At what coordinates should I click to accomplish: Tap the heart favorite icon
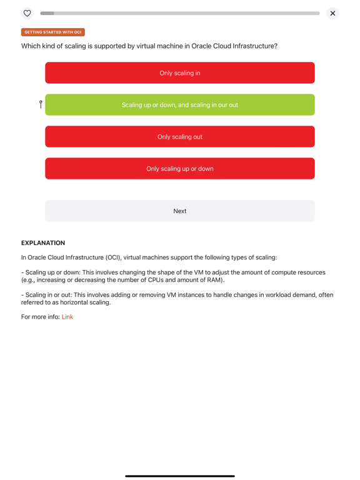click(27, 13)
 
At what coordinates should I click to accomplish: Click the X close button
click(332, 13)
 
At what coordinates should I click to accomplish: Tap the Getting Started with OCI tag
click(53, 32)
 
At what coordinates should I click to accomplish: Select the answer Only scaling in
click(180, 73)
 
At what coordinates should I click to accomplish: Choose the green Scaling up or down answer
click(180, 105)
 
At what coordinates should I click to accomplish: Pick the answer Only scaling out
click(180, 137)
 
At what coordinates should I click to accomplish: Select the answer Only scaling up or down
click(180, 169)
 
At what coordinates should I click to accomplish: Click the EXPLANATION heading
click(43, 243)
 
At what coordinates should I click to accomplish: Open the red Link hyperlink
click(67, 317)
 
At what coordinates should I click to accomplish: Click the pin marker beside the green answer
click(41, 104)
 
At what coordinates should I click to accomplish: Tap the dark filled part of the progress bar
click(47, 13)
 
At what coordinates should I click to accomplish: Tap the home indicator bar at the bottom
click(180, 476)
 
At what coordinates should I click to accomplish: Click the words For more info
click(40, 317)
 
